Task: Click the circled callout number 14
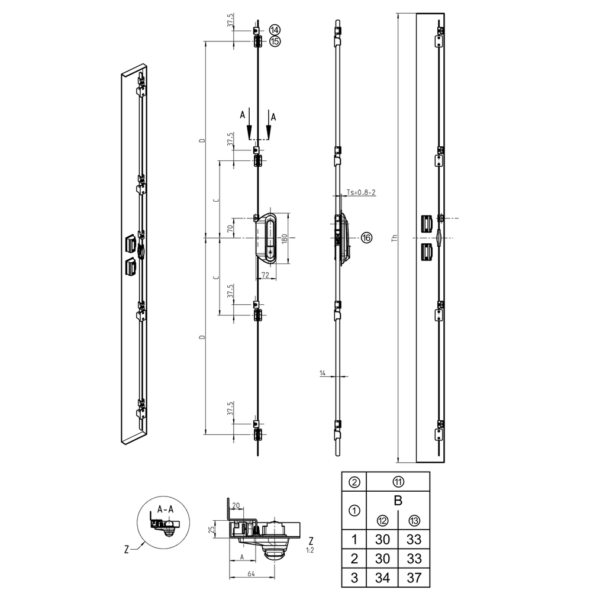pos(275,30)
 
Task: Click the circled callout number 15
pos(275,41)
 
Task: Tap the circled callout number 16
pos(366,237)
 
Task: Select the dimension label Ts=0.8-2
pos(362,192)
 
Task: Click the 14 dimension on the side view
pos(323,373)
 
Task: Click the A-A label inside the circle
pos(165,509)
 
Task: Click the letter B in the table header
pos(398,501)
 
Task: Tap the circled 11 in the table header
pos(398,481)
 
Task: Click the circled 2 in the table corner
pos(354,481)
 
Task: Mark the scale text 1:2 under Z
pos(310,550)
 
